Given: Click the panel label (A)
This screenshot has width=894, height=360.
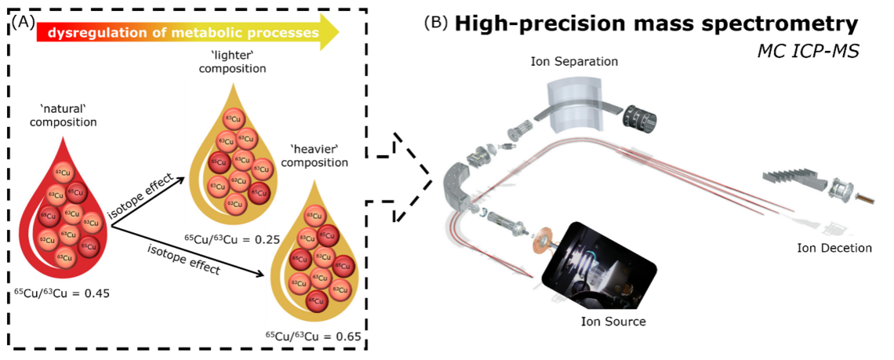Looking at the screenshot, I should pos(21,21).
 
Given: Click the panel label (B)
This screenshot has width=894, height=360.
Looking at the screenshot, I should pos(436,23).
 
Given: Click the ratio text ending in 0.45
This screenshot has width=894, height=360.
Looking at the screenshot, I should pos(61,294).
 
